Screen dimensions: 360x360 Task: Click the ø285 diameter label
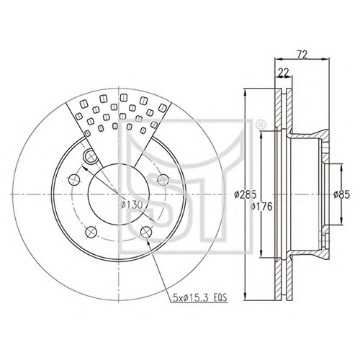coord(246,194)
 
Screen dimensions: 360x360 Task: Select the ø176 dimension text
coord(261,207)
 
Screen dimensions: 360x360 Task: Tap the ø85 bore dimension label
coord(341,194)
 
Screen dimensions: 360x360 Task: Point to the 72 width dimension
coord(302,55)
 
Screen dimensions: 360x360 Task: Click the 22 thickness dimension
coord(284,73)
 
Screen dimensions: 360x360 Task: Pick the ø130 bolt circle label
coord(132,204)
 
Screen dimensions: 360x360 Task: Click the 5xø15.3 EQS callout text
coord(199,297)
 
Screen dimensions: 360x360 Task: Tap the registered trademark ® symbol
coord(259,125)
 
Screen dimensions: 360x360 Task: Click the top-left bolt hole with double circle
coord(90,156)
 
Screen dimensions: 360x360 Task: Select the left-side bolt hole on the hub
coord(74,179)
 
